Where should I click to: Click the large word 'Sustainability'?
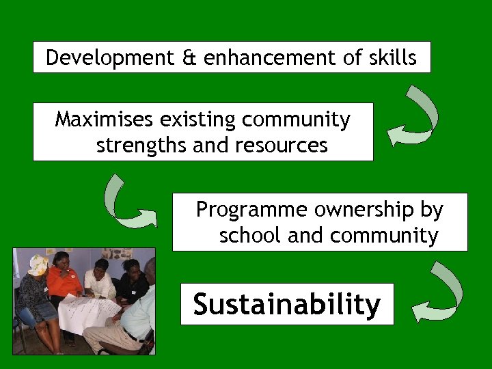286,304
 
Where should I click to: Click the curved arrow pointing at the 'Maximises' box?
414,117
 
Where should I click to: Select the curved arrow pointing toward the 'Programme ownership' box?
127,202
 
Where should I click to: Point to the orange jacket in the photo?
64,282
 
